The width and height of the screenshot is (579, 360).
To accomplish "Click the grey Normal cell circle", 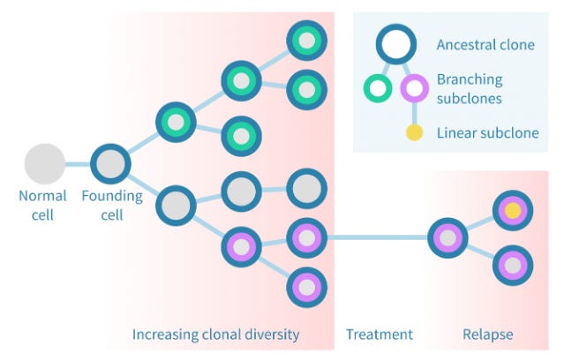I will [x=44, y=164].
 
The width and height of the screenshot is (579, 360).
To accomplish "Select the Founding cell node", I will [x=110, y=164].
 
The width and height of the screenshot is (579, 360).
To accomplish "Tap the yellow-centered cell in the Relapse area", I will [x=513, y=211].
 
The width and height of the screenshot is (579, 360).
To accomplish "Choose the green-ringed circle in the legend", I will [x=378, y=88].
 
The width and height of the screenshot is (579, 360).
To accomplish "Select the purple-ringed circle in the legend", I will [x=415, y=88].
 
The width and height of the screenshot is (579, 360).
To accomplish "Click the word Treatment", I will [x=380, y=334].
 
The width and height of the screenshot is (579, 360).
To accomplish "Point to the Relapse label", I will [x=487, y=334].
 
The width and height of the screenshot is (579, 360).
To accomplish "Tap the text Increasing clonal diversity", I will [x=215, y=334].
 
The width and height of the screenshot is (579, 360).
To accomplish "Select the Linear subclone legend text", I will [x=487, y=134].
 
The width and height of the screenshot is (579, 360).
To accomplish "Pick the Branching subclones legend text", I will [x=469, y=88].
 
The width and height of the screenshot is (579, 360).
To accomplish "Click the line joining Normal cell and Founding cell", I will [x=78, y=164].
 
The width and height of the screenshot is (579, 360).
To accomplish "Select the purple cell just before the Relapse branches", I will [x=447, y=237].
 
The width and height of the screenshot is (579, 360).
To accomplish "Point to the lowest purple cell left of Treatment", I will [x=306, y=286].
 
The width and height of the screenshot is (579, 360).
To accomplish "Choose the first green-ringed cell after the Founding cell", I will [x=176, y=123].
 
